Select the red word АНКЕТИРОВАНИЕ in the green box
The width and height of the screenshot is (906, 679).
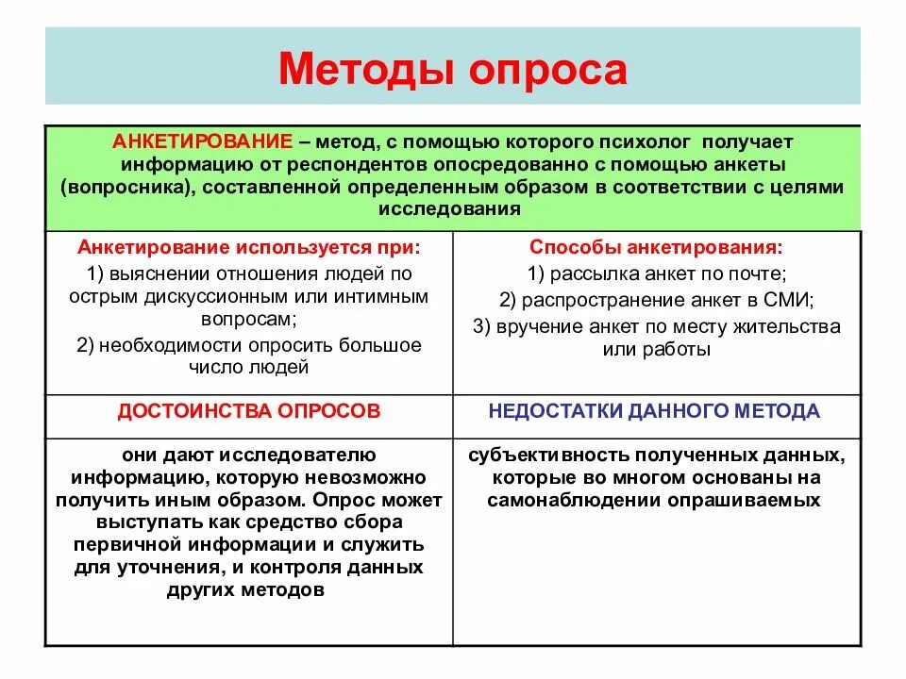202,141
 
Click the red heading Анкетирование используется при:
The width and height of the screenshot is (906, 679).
249,247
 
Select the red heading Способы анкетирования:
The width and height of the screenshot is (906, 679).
655,247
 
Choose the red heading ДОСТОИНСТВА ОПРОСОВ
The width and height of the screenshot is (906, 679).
249,411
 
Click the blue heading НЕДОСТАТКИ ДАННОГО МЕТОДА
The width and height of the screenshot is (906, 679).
654,411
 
